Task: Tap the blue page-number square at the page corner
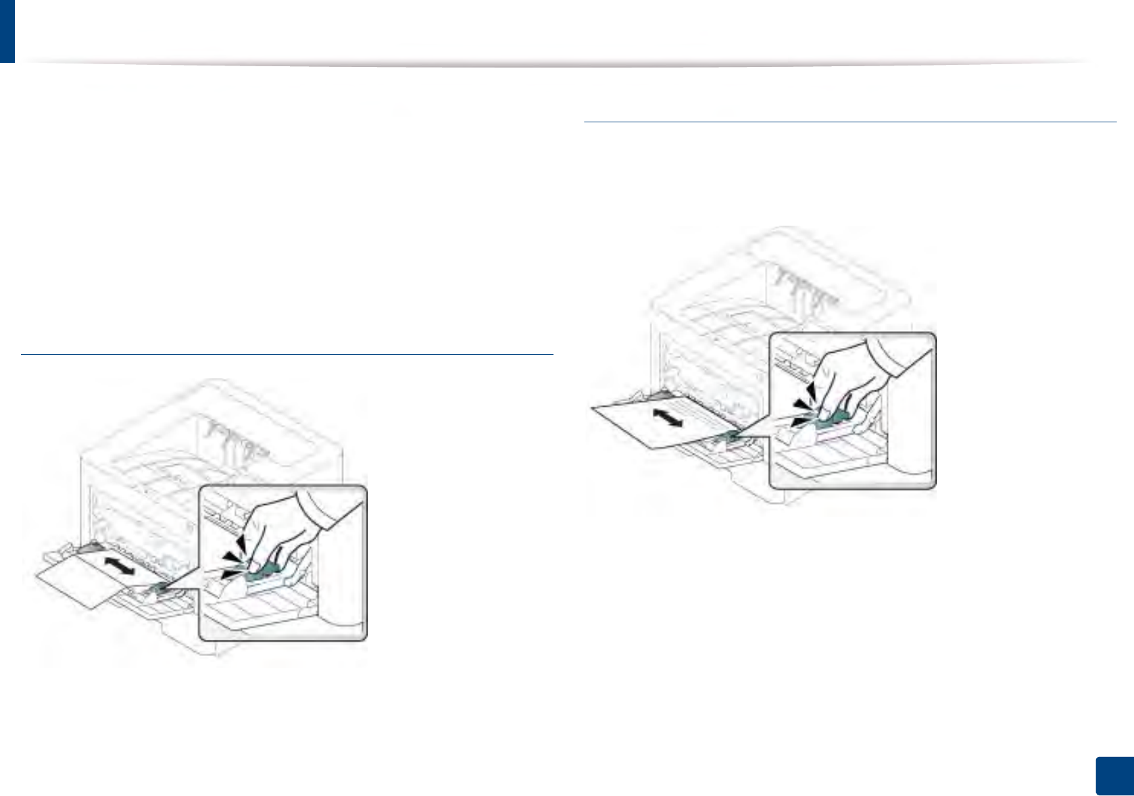[x=1113, y=776]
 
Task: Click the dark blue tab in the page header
[x=7, y=31]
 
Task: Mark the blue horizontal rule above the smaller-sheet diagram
[x=287, y=353]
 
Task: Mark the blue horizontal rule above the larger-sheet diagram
[x=849, y=122]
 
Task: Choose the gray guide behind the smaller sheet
[x=90, y=548]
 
